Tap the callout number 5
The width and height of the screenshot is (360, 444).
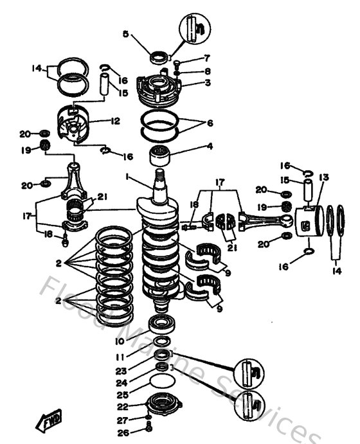(x=126, y=33)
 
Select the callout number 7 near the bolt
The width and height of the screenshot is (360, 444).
(x=189, y=58)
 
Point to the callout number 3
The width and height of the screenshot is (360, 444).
(x=190, y=83)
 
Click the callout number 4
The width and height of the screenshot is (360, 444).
(x=190, y=147)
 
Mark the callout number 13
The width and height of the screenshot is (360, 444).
(x=323, y=177)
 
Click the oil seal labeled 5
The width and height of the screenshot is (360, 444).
(x=159, y=58)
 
